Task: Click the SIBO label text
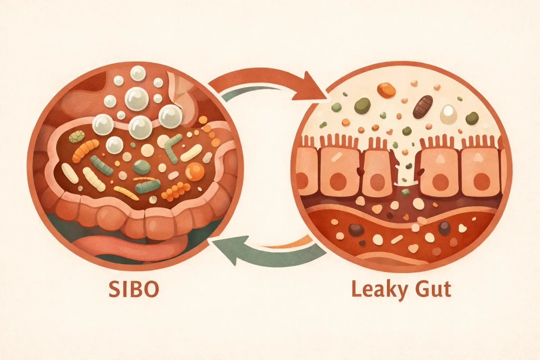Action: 134,289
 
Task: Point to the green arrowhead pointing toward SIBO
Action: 225,250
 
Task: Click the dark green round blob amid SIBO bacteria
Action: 142,166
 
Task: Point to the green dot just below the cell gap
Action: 406,192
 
